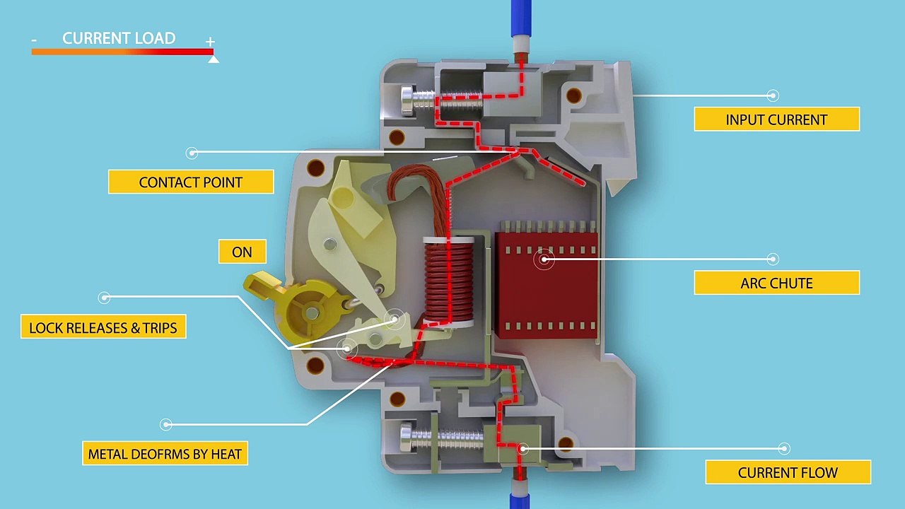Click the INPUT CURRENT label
[x=776, y=119]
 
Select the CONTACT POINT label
[x=190, y=182]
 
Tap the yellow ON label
[x=242, y=252]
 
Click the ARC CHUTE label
[x=776, y=283]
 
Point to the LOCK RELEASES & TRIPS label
[x=103, y=327]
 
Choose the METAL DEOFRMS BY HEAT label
[x=165, y=454]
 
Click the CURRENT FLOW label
[x=788, y=472]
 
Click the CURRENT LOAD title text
[x=119, y=38]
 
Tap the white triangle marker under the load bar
[x=214, y=59]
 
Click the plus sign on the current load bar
[x=210, y=42]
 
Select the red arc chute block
[x=547, y=283]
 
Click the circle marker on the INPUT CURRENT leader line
[x=773, y=95]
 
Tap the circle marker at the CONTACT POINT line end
[x=192, y=153]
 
